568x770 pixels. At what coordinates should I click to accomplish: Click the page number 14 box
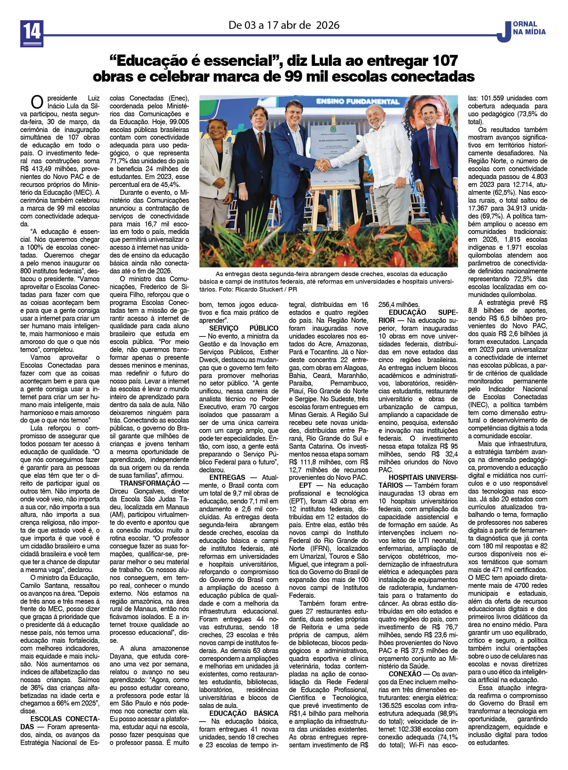coord(32,33)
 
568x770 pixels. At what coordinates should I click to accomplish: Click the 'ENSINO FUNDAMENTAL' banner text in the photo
coord(357,101)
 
